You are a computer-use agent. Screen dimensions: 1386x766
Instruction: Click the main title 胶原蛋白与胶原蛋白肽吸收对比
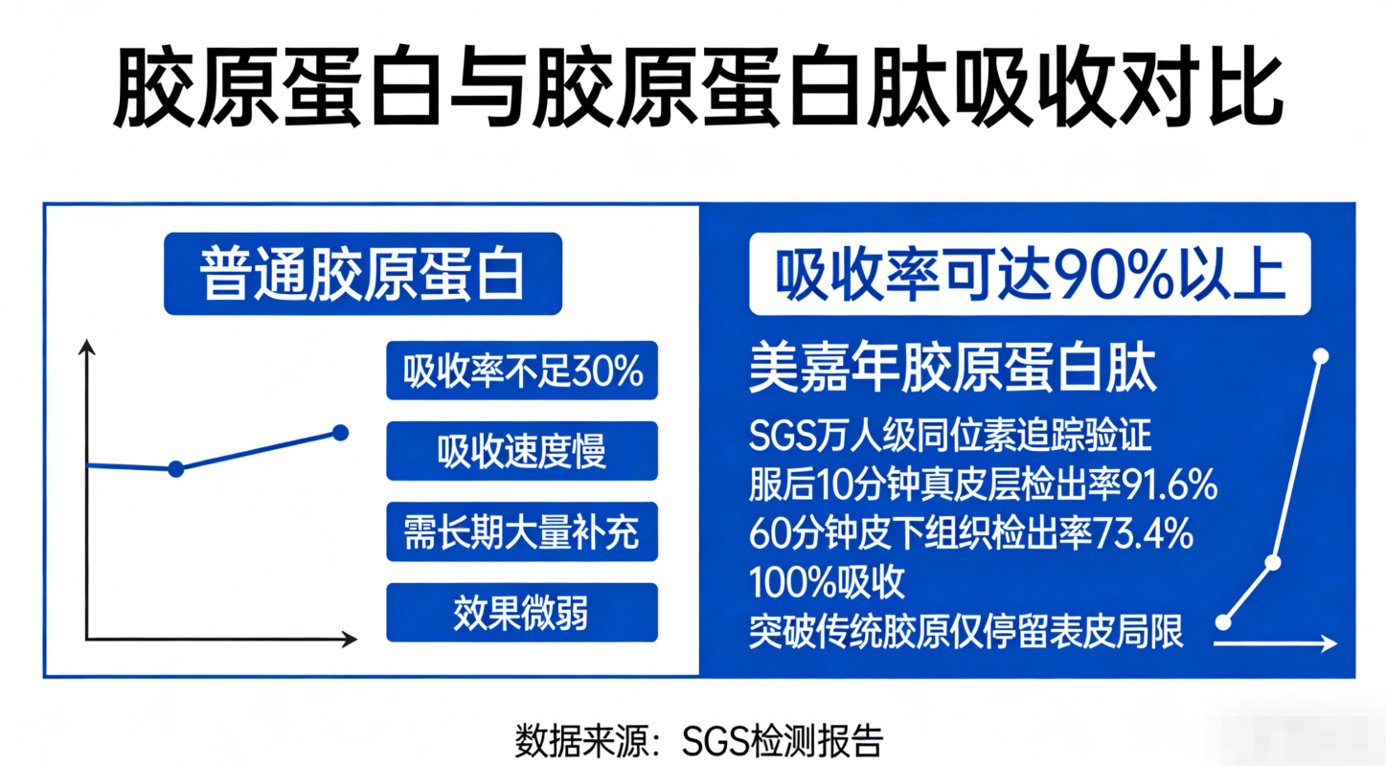[698, 85]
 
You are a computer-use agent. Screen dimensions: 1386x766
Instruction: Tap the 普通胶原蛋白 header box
[363, 274]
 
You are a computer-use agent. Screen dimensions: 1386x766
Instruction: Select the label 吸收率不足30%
[522, 371]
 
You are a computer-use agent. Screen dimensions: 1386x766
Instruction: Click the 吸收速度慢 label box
[522, 451]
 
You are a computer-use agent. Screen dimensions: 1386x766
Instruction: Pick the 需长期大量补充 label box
[522, 531]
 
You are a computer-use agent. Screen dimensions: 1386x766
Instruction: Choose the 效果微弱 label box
[522, 612]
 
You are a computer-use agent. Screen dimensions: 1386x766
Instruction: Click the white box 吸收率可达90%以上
[1031, 274]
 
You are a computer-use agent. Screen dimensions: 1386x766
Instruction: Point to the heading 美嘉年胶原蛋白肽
[953, 370]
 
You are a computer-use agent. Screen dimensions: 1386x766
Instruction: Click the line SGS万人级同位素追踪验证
[950, 435]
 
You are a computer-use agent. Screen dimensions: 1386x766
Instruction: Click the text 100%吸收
[827, 582]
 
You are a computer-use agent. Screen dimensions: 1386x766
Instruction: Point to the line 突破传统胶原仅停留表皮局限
[966, 632]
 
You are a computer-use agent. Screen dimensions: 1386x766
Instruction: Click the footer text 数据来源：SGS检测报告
[699, 740]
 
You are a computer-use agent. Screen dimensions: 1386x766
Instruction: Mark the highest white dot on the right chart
[1321, 356]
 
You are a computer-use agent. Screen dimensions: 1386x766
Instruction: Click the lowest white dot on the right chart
[1223, 622]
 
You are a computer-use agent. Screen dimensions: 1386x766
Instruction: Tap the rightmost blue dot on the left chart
[340, 433]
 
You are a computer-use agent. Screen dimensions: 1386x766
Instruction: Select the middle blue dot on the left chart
[175, 469]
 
